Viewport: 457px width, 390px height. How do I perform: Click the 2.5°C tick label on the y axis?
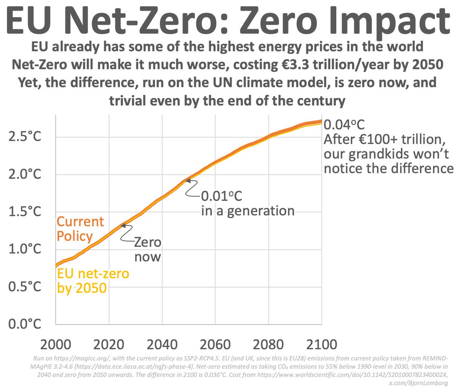pos(24,137)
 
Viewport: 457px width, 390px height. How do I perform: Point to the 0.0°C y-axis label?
pos(24,324)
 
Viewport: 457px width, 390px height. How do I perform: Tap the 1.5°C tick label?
pos(24,212)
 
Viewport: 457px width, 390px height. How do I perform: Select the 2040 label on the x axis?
pos(162,345)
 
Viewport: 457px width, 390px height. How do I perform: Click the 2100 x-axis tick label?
pos(321,345)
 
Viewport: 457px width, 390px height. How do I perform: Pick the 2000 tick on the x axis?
pos(56,345)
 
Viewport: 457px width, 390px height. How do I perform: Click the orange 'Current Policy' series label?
pos(80,229)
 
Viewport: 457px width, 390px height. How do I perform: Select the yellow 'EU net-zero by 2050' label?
pos(93,281)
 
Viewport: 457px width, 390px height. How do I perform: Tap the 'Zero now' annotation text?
pos(147,249)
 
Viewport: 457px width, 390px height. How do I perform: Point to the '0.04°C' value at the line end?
pos(345,125)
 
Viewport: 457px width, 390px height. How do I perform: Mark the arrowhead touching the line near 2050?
pos(188,180)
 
